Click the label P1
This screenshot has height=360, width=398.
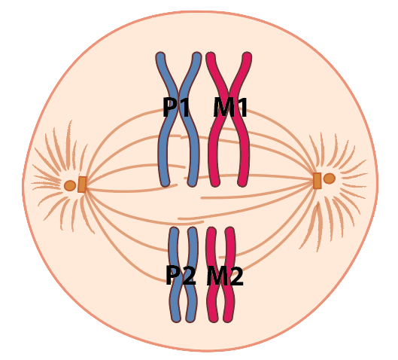tap(176, 107)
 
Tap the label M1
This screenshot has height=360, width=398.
tap(230, 107)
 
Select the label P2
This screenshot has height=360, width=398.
tap(181, 275)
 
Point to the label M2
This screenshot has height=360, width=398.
tap(225, 276)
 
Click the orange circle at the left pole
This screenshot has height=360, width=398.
tap(70, 186)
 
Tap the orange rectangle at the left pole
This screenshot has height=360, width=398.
tap(82, 185)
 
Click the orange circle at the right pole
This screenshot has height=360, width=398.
tap(330, 178)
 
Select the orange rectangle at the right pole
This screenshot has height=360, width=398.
tap(317, 181)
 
